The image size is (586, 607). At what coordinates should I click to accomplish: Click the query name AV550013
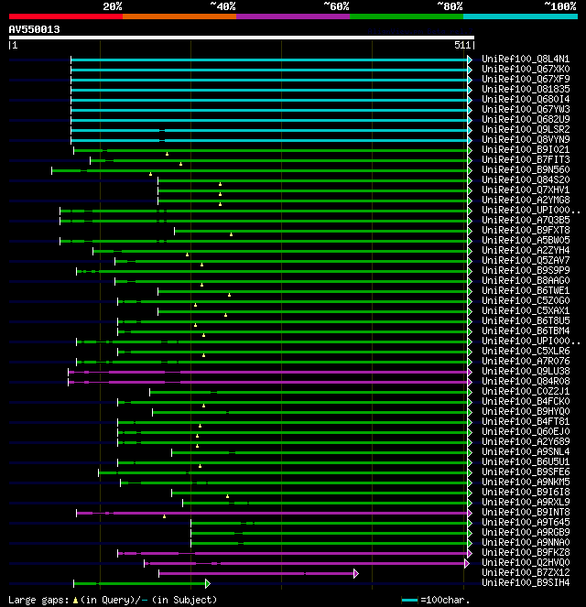click(35, 29)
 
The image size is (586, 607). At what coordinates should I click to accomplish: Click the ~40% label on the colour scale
click(222, 5)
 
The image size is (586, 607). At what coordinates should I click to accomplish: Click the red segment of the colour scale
click(65, 16)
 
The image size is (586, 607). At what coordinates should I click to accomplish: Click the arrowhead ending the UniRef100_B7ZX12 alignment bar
click(355, 573)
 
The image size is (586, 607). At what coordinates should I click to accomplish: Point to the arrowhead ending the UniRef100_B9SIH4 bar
click(208, 583)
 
